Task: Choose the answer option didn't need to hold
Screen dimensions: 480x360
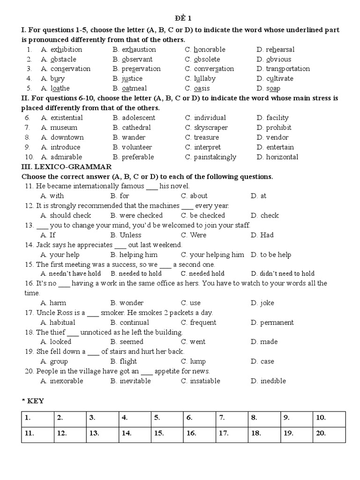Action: click(x=283, y=274)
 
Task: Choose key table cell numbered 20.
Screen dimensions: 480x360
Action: click(x=329, y=434)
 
